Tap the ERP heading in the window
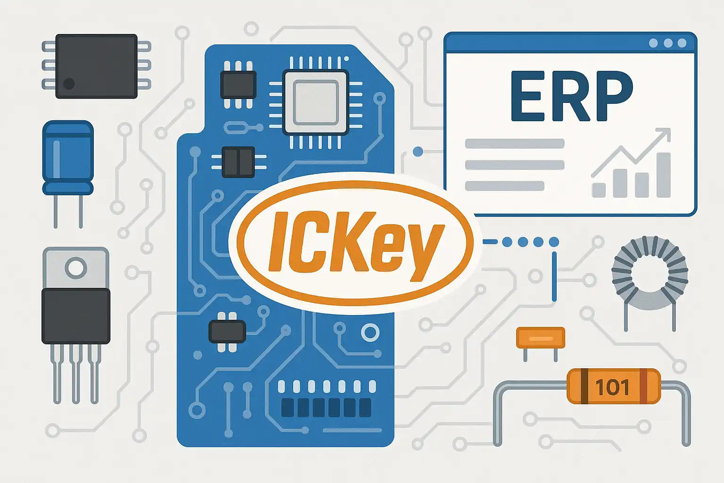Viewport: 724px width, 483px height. pos(571,96)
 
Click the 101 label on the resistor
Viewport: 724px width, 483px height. pos(612,387)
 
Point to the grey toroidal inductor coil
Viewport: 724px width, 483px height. pos(650,274)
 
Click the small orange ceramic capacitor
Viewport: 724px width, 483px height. pos(541,338)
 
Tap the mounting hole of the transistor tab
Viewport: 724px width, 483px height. pos(75,268)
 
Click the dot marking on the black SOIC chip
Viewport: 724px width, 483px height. pos(69,84)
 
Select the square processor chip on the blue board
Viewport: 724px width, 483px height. pos(315,102)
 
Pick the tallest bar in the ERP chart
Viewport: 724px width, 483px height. pos(663,175)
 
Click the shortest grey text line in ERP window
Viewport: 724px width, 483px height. pos(504,186)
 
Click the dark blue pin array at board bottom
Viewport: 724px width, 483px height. pos(326,408)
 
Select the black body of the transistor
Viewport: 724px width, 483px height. pos(76,316)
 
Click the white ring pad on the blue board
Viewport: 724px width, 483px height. pos(370,333)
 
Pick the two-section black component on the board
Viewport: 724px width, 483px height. pos(238,162)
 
